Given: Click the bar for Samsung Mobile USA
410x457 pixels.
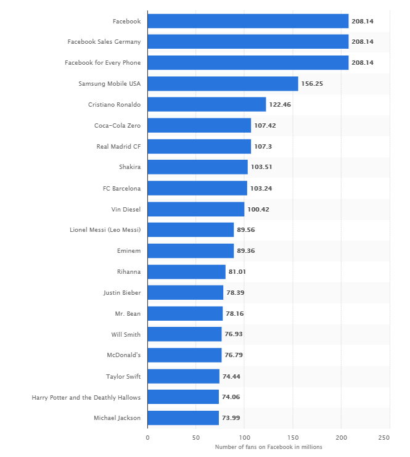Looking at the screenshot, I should (x=223, y=84).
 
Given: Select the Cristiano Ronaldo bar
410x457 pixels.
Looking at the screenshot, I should (x=207, y=105).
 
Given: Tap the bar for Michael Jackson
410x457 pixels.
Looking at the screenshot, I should (x=183, y=418).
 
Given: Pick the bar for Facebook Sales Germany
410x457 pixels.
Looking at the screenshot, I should (x=248, y=42).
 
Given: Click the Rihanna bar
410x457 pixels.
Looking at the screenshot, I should (x=186, y=272).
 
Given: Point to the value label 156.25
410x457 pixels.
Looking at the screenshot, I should (x=312, y=84).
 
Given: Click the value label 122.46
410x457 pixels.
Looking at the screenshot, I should (x=280, y=105).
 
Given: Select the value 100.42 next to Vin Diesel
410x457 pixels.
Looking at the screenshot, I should (x=258, y=210).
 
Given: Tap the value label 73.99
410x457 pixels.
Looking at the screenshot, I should (x=231, y=418).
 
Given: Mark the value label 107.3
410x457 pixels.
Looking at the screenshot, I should (x=264, y=147).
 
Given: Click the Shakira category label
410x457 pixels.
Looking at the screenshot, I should (x=129, y=168).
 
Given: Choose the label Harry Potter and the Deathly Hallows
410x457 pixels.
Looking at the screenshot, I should (x=86, y=397).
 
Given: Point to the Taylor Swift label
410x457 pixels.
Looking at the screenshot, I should (x=123, y=376).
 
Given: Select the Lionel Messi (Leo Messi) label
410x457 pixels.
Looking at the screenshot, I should (x=105, y=230).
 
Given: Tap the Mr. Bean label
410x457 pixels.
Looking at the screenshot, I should (x=128, y=314).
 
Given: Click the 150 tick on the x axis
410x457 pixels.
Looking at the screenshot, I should (x=293, y=437).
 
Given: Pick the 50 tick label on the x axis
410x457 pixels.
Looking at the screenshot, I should (x=195, y=437).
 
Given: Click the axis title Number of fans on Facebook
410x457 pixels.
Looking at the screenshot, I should (x=268, y=447).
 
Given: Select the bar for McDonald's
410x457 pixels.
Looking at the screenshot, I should (x=184, y=355).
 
